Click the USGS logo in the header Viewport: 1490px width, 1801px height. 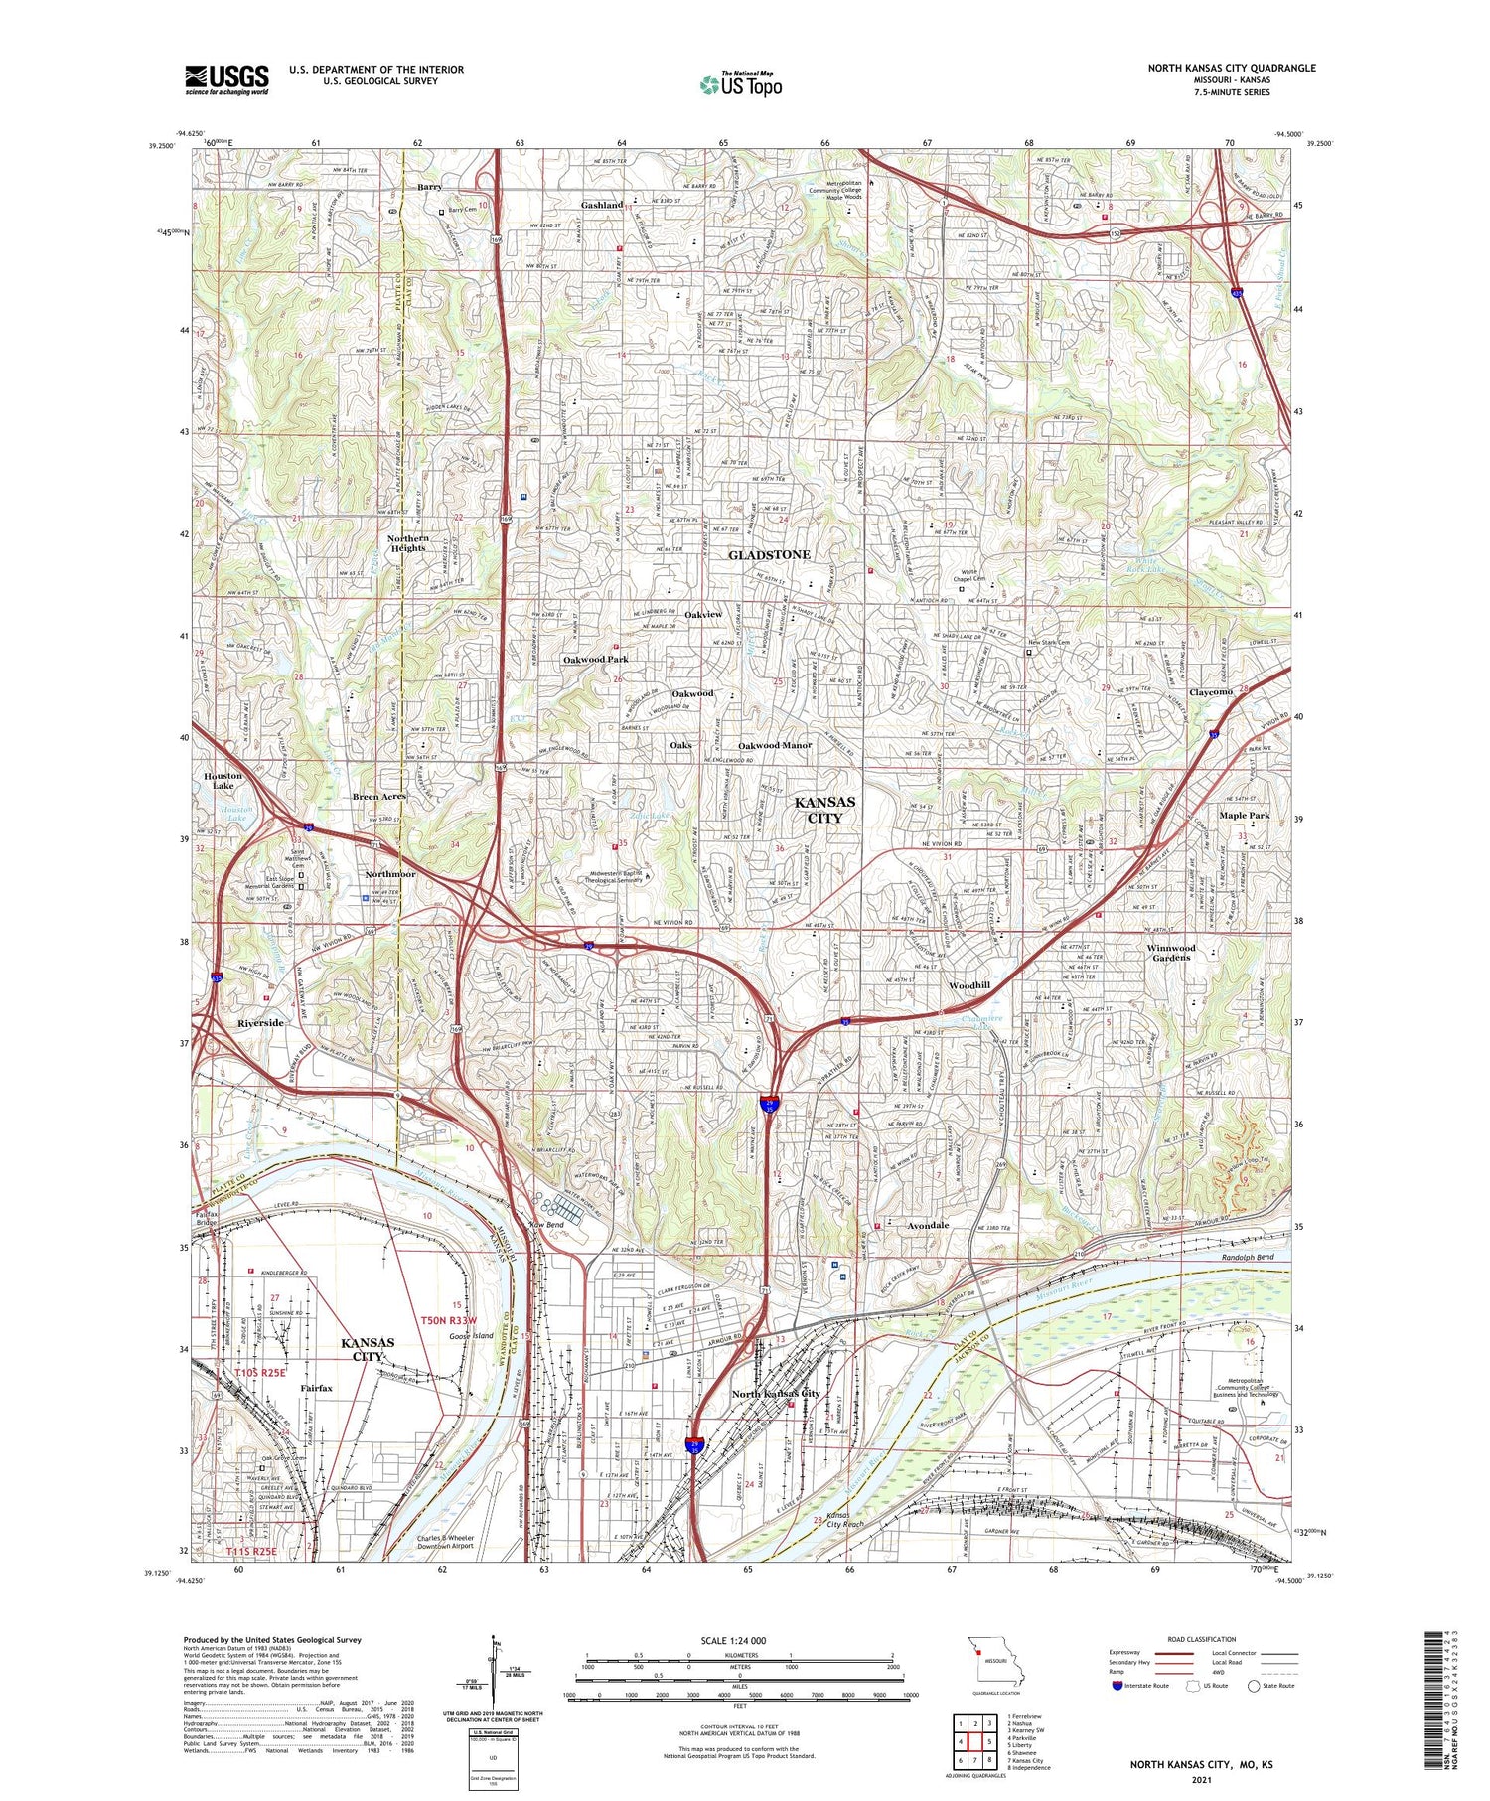[226, 79]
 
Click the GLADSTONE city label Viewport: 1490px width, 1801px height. [769, 554]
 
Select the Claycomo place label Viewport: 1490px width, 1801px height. [1210, 692]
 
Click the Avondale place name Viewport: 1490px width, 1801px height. [928, 1226]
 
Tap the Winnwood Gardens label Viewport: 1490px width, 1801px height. [1171, 953]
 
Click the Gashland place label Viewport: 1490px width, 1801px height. [602, 205]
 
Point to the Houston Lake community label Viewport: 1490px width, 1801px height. [223, 781]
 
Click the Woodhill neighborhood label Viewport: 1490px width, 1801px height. [968, 985]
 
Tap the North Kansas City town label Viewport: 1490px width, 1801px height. [776, 1394]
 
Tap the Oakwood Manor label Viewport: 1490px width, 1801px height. [775, 745]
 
